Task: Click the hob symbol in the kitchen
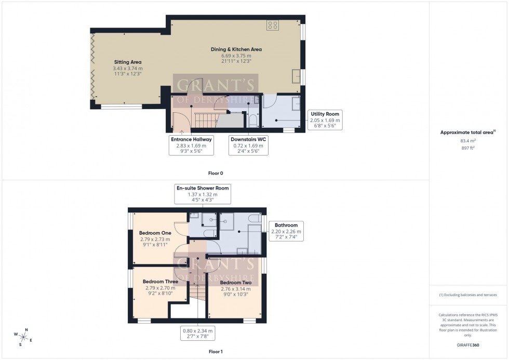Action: click(x=272, y=24)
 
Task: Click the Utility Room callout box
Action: click(x=325, y=119)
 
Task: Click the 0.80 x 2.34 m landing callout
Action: click(x=197, y=333)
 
